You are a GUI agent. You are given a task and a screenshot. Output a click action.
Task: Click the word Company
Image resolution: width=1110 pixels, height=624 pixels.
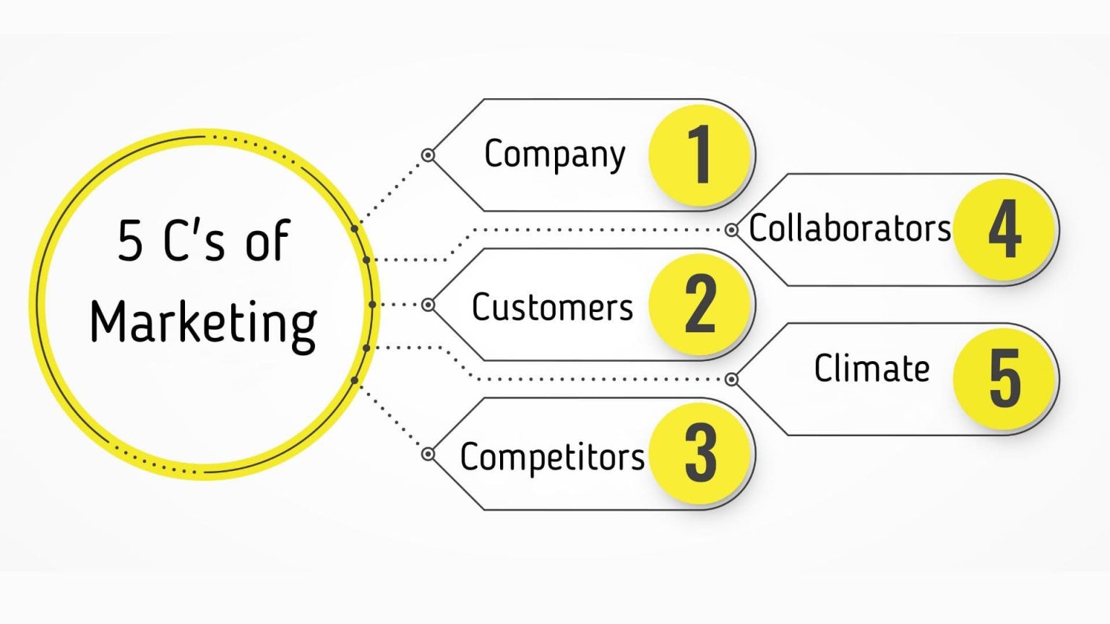554,155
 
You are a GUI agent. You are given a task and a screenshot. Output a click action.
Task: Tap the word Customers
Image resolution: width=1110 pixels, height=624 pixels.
552,307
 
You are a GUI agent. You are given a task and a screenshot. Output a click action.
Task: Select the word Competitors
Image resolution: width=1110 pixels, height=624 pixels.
552,457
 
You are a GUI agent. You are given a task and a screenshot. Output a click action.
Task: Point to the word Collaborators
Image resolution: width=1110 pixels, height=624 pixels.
850,228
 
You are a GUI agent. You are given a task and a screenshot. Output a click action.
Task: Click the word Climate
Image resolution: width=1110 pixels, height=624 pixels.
872,369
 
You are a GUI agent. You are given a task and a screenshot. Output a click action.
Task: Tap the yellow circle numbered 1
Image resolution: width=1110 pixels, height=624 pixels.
699,155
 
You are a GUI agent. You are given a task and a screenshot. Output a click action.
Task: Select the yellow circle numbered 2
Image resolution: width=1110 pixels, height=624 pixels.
699,304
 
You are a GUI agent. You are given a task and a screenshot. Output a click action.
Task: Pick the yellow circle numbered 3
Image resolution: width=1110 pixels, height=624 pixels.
699,454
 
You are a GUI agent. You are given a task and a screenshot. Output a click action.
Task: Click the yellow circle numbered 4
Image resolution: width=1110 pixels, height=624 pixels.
1004,230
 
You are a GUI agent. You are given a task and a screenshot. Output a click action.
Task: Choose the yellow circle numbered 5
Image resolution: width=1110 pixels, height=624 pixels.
1004,378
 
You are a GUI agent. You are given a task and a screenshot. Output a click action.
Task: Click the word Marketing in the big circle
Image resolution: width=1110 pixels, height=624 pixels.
203,323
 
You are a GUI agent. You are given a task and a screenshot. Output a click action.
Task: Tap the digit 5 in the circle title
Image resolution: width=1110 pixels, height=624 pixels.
130,241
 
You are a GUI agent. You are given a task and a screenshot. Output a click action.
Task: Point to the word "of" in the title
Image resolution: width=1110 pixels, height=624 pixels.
267,241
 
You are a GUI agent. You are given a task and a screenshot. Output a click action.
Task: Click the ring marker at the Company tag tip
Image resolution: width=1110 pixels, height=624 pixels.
428,155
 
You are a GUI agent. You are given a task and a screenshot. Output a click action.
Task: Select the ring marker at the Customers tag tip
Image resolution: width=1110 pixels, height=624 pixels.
428,305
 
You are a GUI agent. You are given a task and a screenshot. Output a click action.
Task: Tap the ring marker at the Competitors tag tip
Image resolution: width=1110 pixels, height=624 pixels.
428,454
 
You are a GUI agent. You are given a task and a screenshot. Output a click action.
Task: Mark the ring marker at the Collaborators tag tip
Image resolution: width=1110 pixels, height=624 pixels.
731,230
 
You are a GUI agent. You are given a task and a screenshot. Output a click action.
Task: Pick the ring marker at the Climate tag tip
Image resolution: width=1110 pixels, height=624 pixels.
731,379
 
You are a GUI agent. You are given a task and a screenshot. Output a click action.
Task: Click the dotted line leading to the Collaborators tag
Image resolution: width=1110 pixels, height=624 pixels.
593,230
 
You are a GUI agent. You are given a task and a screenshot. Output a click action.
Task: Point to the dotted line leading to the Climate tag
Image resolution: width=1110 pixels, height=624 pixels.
593,379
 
